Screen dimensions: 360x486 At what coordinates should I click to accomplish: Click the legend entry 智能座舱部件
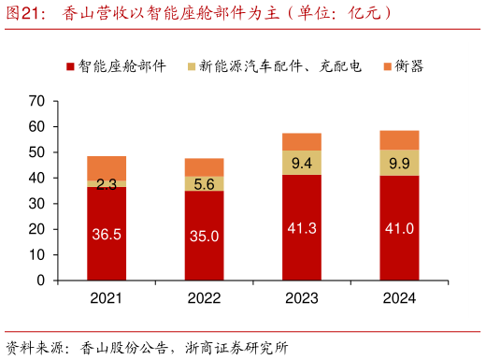117,66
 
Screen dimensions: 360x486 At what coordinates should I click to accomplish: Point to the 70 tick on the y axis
37,100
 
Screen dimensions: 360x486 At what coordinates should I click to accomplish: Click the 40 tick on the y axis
37,178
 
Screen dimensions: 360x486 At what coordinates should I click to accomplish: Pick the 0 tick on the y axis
41,281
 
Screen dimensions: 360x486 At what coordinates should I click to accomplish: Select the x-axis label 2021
107,297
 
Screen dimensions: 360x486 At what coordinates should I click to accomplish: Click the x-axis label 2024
399,297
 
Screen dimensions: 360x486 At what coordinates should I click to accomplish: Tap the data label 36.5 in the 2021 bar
107,235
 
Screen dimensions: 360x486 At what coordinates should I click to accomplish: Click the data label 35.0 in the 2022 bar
204,237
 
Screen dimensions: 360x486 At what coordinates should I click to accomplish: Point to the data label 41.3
301,228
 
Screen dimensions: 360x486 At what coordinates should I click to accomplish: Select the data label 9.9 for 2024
399,164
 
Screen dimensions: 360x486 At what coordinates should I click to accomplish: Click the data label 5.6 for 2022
204,184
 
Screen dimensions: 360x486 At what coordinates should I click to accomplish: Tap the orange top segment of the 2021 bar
107,167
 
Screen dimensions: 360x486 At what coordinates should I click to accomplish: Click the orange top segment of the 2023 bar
301,142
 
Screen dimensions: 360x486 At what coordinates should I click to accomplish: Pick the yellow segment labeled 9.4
301,163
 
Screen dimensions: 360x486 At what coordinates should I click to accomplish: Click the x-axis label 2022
204,297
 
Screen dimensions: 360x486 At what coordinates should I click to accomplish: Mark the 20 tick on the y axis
37,229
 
